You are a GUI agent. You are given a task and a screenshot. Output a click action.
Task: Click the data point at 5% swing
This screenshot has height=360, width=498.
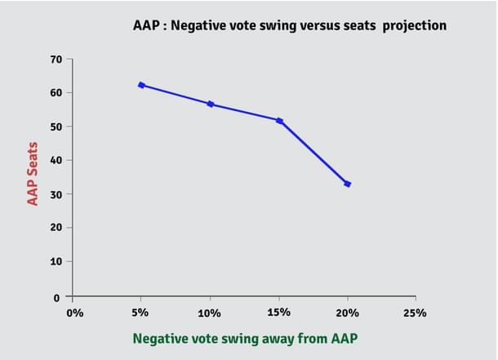coord(141,85)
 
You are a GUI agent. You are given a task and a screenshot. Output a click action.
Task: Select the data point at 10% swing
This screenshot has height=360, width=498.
coord(211,104)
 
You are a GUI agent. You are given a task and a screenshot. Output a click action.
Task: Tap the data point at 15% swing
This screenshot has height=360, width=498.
coord(279,121)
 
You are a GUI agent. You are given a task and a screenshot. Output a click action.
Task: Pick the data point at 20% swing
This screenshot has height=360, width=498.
coord(348,184)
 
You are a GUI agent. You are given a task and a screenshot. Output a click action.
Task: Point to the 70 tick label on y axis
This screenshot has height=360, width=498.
coord(56,60)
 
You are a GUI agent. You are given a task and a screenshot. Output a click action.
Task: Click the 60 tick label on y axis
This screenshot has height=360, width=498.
coord(56,93)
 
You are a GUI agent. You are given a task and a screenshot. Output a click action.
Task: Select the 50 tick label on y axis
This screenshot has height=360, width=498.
coord(56,127)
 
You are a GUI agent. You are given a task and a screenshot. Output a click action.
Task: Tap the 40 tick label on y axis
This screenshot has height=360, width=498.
coord(56,160)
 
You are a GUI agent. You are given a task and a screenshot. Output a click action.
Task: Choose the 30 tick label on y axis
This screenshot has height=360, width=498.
coord(56,194)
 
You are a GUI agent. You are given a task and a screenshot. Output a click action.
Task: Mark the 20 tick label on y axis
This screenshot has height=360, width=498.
coord(56,228)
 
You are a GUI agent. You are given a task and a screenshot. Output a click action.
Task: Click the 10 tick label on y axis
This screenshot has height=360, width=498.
coord(56,261)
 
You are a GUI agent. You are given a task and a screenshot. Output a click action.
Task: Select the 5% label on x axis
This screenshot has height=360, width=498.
coord(141,313)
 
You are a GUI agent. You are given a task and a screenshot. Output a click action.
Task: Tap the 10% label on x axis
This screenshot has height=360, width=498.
coord(211,313)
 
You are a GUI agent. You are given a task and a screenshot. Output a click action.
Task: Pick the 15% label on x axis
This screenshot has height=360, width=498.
coord(279,313)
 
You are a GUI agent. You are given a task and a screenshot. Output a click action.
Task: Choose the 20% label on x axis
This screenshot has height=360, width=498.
coord(348,313)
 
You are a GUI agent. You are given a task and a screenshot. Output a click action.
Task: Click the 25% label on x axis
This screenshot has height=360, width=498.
coord(416,313)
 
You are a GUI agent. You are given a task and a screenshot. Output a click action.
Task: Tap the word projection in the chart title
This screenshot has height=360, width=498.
coord(411,25)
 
